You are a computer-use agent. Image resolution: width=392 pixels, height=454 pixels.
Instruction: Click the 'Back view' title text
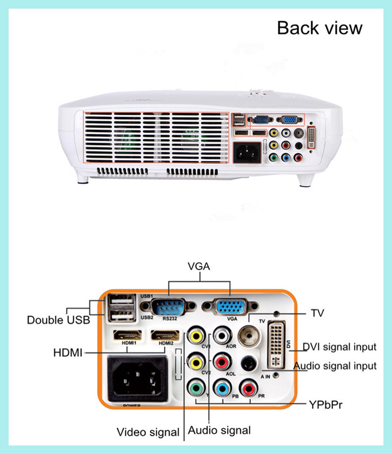319,28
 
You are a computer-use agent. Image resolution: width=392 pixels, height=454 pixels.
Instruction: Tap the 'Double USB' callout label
58,320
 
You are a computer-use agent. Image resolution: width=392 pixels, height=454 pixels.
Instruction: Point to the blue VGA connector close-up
230,307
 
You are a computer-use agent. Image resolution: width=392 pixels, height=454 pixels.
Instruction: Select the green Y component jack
196,388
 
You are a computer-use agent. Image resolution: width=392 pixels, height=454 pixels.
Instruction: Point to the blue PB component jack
222,388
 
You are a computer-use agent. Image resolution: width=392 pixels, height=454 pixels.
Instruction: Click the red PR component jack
248,388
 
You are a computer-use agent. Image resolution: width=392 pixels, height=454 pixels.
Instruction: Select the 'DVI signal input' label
339,347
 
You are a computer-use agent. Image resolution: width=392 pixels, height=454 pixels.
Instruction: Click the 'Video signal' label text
148,432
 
